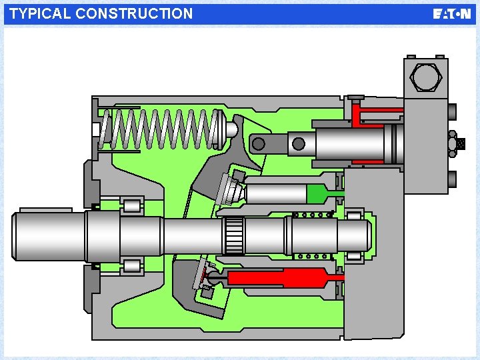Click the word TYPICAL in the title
pos(39,14)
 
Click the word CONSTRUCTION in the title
pos(134,14)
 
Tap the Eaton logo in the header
pos(451,14)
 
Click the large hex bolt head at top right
pos(426,77)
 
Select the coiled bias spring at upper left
pos(159,129)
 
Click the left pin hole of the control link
pos(259,143)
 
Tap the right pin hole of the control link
pos(299,143)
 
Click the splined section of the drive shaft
pos(234,236)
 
